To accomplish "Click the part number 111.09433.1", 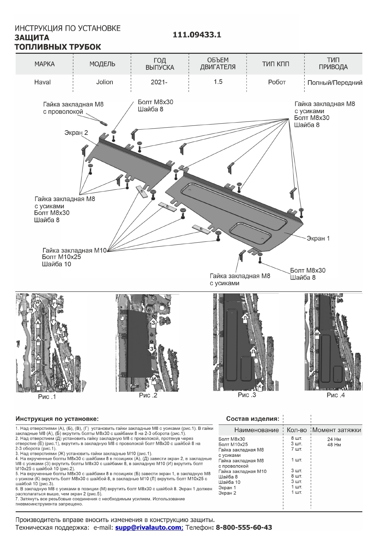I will [197, 35].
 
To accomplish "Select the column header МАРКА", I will [44, 64].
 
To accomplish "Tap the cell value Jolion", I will [104, 82].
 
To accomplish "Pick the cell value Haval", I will [42, 82].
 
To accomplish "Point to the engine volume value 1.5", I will [218, 82].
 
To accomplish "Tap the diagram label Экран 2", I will [76, 133].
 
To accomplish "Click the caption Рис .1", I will [47, 397].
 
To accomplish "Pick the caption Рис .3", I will [247, 395].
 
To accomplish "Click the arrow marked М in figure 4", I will [317, 334].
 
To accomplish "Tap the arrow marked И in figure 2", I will [154, 379].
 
